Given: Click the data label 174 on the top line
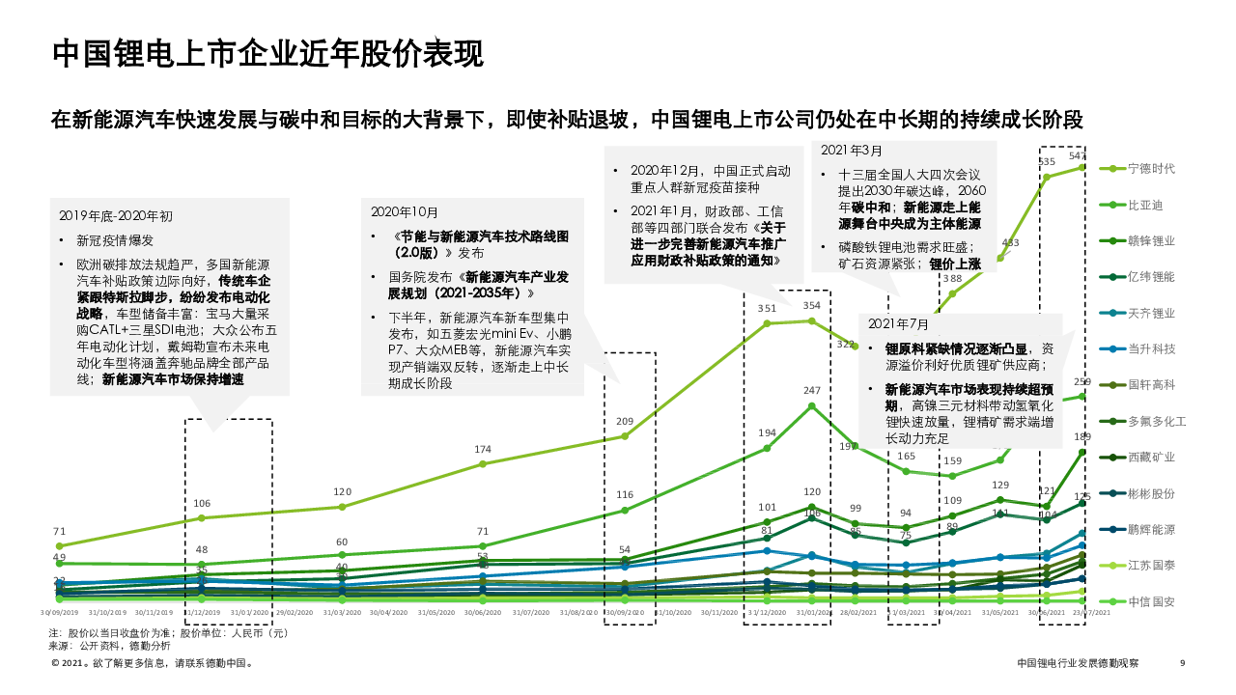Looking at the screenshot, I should pos(483,450).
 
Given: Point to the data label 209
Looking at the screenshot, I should pos(625,422).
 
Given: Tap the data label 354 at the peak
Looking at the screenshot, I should pos(812,306).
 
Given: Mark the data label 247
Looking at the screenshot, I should pos(812,391).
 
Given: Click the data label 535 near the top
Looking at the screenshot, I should pos(1047,162).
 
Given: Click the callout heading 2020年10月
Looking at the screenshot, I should pos(405,211).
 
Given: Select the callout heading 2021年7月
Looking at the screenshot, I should pos(898,323).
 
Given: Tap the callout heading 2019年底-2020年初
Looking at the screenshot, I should pos(116,215).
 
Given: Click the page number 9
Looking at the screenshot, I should pos(1182,663).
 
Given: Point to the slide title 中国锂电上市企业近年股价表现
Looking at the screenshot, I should pos(267,53).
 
